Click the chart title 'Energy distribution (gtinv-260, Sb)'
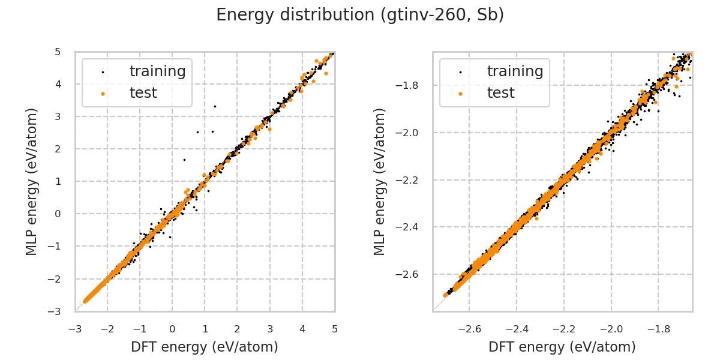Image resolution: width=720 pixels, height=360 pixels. [360, 15]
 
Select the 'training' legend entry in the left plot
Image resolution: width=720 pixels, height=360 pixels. [157, 71]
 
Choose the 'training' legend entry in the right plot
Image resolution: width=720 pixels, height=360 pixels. [515, 71]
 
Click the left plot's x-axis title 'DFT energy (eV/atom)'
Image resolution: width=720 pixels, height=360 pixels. [205, 347]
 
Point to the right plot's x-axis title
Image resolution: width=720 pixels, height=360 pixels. [562, 347]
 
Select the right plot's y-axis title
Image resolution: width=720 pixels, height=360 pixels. [380, 181]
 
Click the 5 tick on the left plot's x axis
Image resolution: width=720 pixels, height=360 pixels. [335, 329]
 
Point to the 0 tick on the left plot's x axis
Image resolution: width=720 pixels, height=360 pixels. [172, 329]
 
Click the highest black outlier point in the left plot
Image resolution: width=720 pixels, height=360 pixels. [215, 106]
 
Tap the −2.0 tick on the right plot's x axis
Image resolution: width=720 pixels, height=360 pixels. [611, 329]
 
